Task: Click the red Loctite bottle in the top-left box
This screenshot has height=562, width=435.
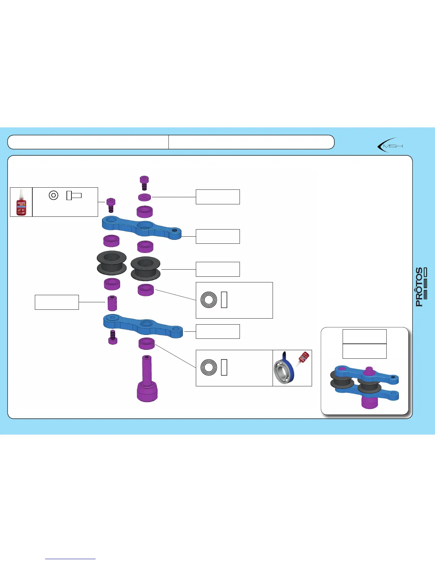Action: pyautogui.click(x=21, y=202)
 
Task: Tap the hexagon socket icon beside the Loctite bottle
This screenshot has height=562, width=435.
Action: pyautogui.click(x=53, y=195)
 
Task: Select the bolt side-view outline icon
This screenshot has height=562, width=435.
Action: pyautogui.click(x=74, y=195)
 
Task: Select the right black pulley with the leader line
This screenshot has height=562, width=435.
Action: pyautogui.click(x=145, y=268)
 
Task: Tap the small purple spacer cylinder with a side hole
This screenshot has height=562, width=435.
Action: pyautogui.click(x=112, y=303)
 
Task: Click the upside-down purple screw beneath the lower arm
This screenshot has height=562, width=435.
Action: pyautogui.click(x=113, y=337)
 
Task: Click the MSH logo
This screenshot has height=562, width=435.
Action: pyautogui.click(x=390, y=145)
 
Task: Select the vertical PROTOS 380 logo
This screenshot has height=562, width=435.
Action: pyautogui.click(x=421, y=287)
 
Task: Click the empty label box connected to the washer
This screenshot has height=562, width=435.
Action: pyautogui.click(x=217, y=197)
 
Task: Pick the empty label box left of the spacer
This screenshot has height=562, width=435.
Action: pyautogui.click(x=57, y=302)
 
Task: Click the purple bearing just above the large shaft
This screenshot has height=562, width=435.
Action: pyautogui.click(x=146, y=344)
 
